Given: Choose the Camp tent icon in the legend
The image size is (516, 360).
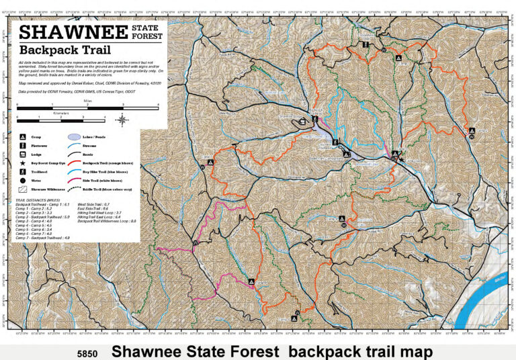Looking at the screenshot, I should (x=24, y=136).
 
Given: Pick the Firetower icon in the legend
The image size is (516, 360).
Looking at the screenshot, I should (x=24, y=144).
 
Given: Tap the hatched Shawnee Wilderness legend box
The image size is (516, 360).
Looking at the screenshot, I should (x=24, y=190).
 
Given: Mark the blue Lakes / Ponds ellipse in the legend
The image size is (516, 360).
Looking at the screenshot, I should (x=73, y=136).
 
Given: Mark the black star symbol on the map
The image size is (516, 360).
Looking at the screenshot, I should (x=402, y=159).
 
